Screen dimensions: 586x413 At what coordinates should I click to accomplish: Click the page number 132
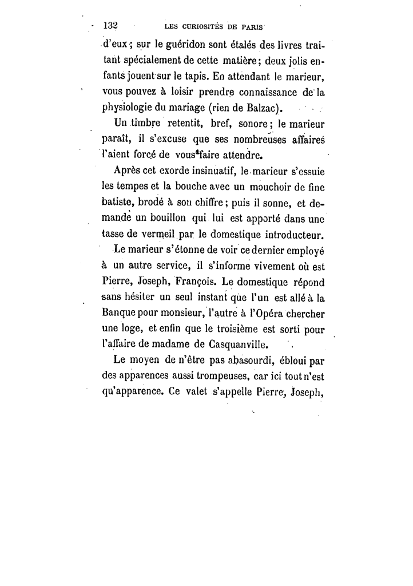(109, 26)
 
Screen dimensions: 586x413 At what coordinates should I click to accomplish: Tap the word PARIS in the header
(259, 26)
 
